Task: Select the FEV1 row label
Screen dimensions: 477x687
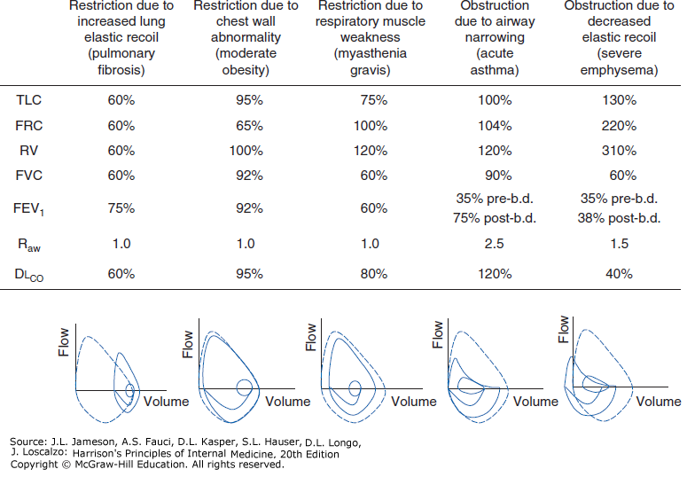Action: tap(28, 209)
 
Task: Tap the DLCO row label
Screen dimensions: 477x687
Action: tap(29, 275)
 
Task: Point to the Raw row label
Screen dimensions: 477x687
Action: tap(27, 243)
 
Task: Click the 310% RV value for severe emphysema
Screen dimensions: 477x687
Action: tap(617, 151)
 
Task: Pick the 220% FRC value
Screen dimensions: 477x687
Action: tap(617, 126)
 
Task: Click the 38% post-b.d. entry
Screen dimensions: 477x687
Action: tap(618, 217)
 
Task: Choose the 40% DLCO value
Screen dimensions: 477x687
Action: tap(618, 274)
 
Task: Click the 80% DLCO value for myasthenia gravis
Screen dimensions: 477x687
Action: tap(371, 274)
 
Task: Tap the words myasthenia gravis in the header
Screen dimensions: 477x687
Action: tap(371, 62)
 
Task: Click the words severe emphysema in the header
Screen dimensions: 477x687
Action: tap(618, 62)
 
